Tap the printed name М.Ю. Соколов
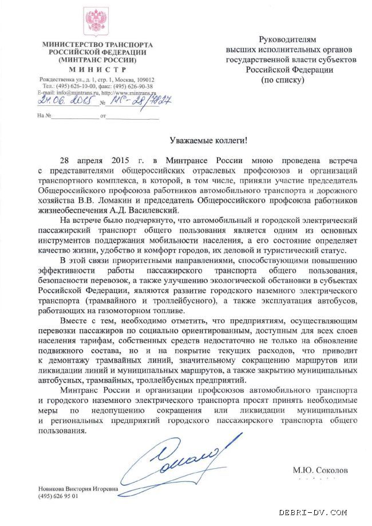pos(320,470)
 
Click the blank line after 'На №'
pos(74,116)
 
